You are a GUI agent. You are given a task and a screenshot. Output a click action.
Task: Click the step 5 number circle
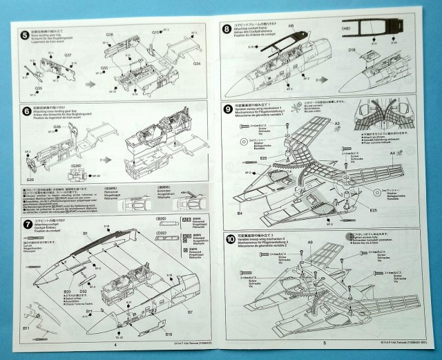26,35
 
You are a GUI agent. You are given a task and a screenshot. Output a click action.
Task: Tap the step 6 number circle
26,111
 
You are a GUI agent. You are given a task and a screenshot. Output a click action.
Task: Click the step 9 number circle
227,108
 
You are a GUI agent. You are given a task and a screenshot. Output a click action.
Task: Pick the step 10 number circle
229,238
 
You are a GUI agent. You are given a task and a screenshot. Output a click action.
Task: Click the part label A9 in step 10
311,243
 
